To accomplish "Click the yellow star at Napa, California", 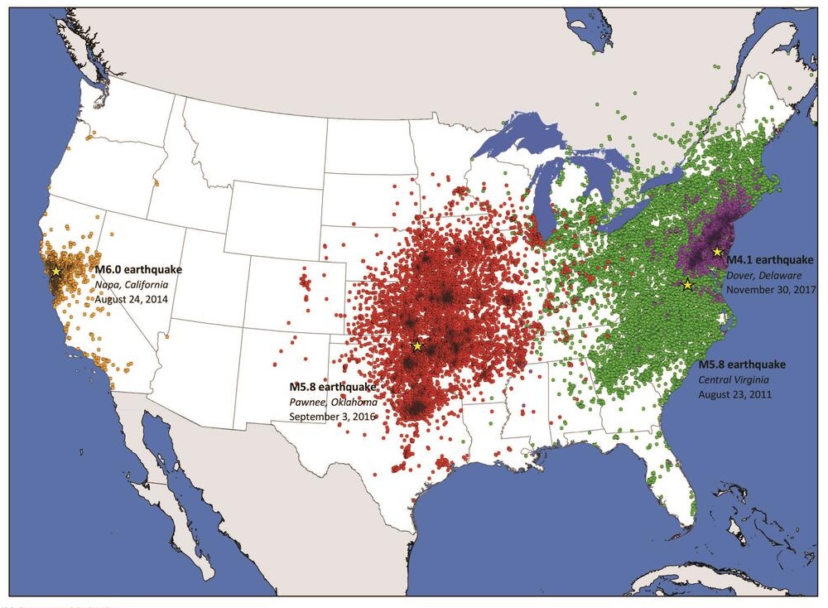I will click(x=56, y=271).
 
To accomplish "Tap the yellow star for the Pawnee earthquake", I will click(x=417, y=345).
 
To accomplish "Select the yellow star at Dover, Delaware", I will click(x=717, y=251).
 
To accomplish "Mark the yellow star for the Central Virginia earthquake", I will click(x=687, y=284).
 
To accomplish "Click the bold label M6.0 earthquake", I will click(x=137, y=269).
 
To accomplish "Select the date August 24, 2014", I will click(x=131, y=298).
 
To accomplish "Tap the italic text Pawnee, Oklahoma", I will click(x=333, y=402).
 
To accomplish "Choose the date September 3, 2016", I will click(x=331, y=416).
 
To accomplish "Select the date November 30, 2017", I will click(x=771, y=290).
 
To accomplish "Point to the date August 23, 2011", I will click(x=735, y=394).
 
